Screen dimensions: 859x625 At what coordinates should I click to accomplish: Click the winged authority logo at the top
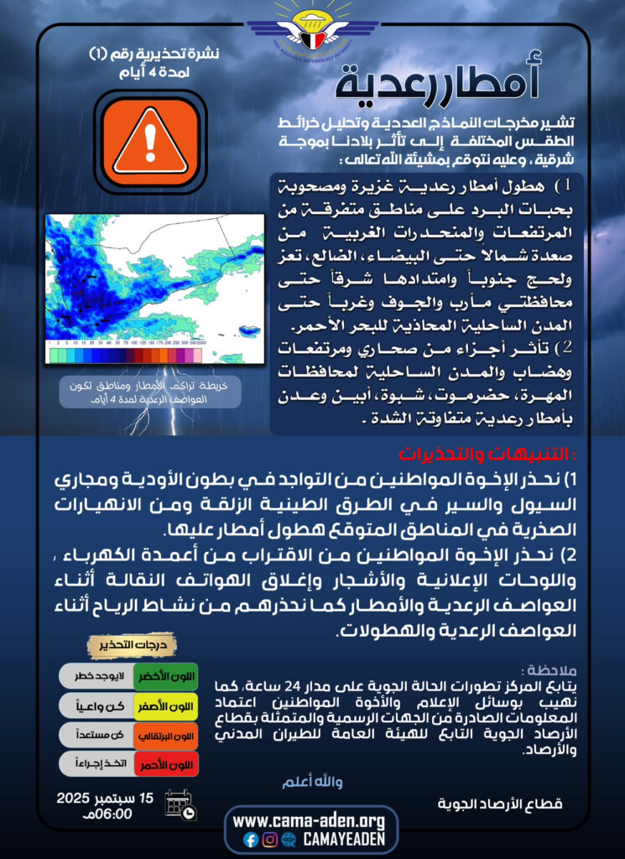(x=312, y=29)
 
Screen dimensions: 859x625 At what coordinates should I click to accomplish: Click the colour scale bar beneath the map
(x=125, y=355)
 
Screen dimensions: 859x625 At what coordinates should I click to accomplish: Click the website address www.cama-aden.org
(x=309, y=820)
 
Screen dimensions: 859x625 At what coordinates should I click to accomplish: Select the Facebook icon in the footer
(x=250, y=839)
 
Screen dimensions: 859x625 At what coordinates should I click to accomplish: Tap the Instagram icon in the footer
(x=269, y=839)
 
